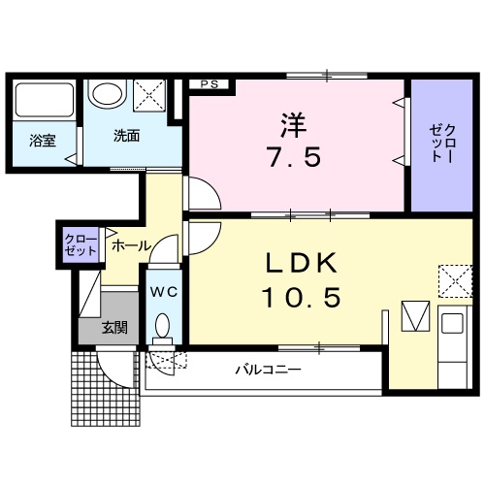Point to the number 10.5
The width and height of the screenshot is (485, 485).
[x=301, y=297]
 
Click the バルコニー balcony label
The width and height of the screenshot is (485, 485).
[x=268, y=370]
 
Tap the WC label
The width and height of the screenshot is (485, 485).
[x=162, y=291]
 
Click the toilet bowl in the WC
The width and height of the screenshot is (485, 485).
[x=163, y=326]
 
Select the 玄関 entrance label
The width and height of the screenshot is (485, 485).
[x=114, y=327]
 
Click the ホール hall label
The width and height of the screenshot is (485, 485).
[x=130, y=246]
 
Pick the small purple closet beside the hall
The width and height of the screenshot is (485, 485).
[x=81, y=244]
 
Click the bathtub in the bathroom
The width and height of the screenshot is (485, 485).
[x=44, y=101]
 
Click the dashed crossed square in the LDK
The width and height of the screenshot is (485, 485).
[x=453, y=280]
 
